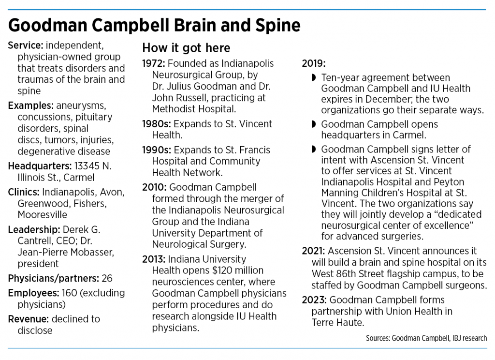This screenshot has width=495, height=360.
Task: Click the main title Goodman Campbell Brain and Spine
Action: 154,25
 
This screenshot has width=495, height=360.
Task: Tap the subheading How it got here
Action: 186,48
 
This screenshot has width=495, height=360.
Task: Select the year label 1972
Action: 153,64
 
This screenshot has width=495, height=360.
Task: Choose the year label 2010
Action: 153,187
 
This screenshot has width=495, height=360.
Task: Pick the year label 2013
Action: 153,259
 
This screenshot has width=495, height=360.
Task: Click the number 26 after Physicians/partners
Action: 108,278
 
